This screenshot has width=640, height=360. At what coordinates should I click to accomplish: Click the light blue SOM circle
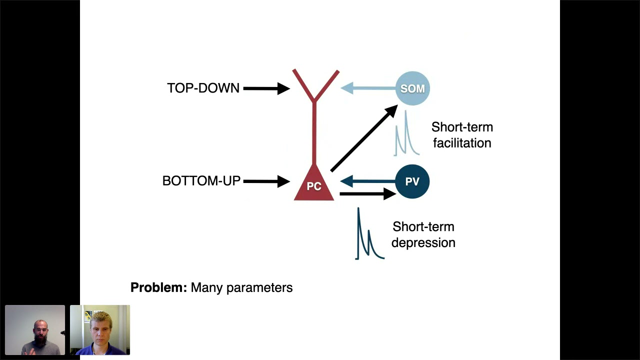click(x=412, y=88)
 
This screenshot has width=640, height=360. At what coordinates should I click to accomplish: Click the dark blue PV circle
click(x=412, y=181)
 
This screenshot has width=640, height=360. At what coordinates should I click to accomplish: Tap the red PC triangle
click(x=314, y=185)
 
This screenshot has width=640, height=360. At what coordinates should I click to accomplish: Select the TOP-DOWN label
click(x=203, y=88)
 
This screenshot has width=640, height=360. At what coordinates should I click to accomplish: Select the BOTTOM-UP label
click(x=201, y=181)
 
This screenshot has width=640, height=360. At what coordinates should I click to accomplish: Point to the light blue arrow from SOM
click(x=367, y=88)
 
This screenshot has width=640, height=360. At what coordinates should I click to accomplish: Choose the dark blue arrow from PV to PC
click(x=367, y=181)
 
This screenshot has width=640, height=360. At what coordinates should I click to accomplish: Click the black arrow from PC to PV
click(x=367, y=193)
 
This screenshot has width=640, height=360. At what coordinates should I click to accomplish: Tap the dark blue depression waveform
click(x=368, y=237)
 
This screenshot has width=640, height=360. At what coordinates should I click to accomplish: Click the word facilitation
click(x=462, y=143)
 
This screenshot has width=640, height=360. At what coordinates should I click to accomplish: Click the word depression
click(x=423, y=242)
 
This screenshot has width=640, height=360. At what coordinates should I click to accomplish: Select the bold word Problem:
click(x=158, y=287)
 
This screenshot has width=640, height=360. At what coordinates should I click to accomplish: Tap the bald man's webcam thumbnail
click(x=35, y=330)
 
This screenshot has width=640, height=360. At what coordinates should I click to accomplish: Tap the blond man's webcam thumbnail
click(x=100, y=330)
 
